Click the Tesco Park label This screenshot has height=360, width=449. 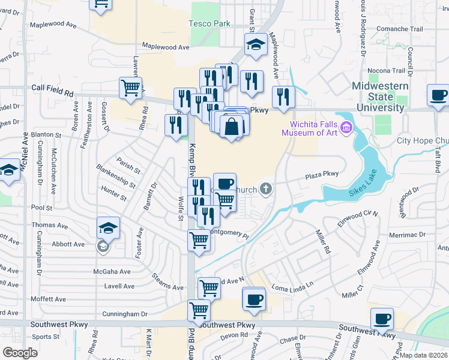pyautogui.click(x=209, y=23)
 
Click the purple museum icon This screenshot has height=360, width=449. pyautogui.click(x=346, y=127)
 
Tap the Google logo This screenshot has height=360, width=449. pyautogui.click(x=20, y=352)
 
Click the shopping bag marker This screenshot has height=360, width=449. pyautogui.click(x=231, y=127)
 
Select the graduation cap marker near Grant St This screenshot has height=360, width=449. pyautogui.click(x=256, y=44)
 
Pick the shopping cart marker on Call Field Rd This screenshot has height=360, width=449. pyautogui.click(x=130, y=88)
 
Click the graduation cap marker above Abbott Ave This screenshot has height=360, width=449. pyautogui.click(x=108, y=227)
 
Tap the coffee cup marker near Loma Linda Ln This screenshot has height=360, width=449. pyautogui.click(x=254, y=299)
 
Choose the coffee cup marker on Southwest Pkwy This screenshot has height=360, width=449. pyautogui.click(x=382, y=319)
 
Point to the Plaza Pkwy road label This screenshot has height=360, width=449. pyautogui.click(x=322, y=175)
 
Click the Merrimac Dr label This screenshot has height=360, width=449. pyautogui.click(x=409, y=235)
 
